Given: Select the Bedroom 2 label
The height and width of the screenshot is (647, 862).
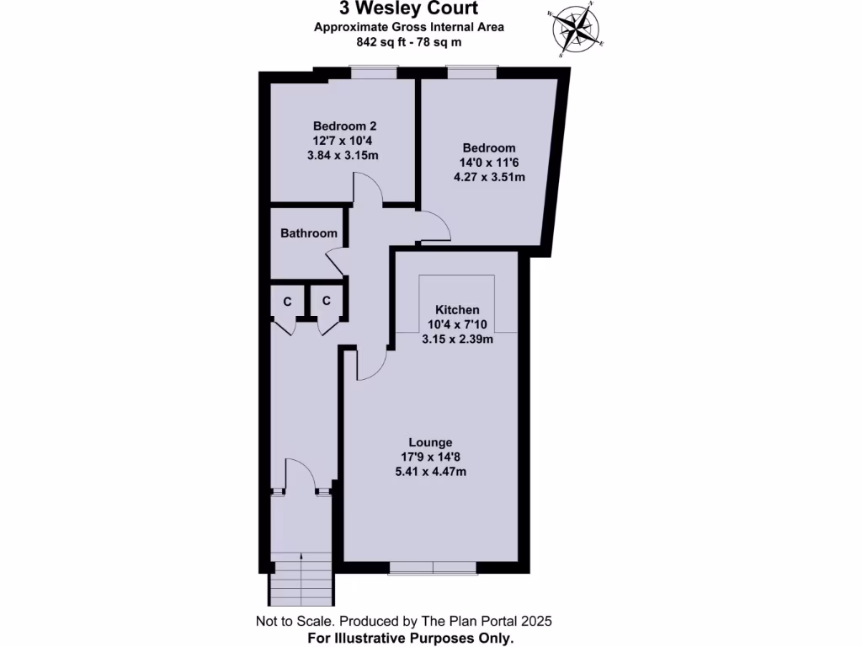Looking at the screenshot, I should (x=345, y=126).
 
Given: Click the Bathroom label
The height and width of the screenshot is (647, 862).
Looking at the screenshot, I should (x=309, y=233).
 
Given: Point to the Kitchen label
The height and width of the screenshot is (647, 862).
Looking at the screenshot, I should (x=457, y=310).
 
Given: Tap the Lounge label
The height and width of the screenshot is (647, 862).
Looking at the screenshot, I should (x=430, y=442).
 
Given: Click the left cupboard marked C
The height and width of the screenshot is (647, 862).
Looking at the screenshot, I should (x=287, y=301).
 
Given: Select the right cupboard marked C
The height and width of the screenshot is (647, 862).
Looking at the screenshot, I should (x=327, y=301).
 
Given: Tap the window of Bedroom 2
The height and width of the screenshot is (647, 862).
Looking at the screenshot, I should (x=374, y=74).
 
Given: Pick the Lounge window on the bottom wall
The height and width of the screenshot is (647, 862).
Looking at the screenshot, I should (x=433, y=569).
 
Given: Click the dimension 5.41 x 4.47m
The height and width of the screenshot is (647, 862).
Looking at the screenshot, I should (x=430, y=472).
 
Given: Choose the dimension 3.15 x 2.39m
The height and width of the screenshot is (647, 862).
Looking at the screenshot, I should (x=457, y=340).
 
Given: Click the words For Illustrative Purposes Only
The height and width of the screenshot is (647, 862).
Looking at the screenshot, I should (x=411, y=639).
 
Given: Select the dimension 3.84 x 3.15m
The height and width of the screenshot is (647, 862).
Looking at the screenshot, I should (x=345, y=156).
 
